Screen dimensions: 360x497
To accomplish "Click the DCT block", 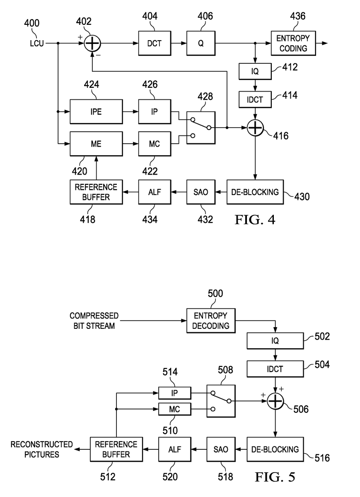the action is pyautogui.click(x=155, y=43).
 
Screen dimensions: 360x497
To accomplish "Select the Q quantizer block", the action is pyautogui.click(x=201, y=43).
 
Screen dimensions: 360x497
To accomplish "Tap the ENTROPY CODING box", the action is pyautogui.click(x=293, y=43).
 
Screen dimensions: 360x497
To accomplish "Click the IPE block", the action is pyautogui.click(x=96, y=111).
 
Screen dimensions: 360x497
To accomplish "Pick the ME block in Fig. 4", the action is pyautogui.click(x=96, y=144).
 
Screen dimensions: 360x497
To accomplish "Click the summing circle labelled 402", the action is pyautogui.click(x=92, y=43).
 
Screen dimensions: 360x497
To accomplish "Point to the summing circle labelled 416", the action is pyautogui.click(x=255, y=128).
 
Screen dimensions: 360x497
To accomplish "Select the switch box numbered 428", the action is pyautogui.click(x=201, y=128).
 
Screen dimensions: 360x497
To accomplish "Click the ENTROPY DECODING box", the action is pyautogui.click(x=211, y=321).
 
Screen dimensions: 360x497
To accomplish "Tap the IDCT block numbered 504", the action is pyautogui.click(x=275, y=369).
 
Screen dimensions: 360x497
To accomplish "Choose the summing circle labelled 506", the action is pyautogui.click(x=275, y=401).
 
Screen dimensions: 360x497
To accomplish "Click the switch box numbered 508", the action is pyautogui.click(x=221, y=401).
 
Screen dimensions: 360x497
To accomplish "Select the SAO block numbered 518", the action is pyautogui.click(x=221, y=449).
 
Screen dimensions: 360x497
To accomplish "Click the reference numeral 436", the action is pyautogui.click(x=297, y=16).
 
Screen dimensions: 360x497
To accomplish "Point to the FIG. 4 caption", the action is pyautogui.click(x=255, y=220).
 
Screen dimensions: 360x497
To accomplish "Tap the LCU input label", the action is pyautogui.click(x=37, y=43).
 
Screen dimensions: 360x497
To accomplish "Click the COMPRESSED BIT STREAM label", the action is pyautogui.click(x=94, y=321).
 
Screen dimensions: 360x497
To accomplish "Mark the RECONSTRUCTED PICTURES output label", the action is pyautogui.click(x=42, y=449).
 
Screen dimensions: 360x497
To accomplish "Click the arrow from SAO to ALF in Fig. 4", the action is pyautogui.click(x=179, y=192).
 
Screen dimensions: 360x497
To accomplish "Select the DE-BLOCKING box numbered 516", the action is pyautogui.click(x=275, y=449).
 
